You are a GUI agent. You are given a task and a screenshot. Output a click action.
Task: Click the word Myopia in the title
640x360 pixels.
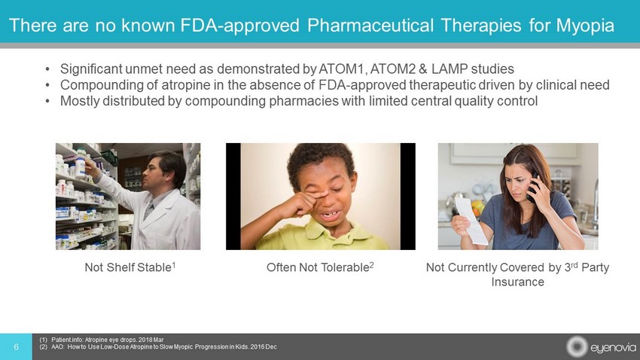[585, 26]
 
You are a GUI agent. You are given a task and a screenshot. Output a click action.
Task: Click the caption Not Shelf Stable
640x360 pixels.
[130, 267]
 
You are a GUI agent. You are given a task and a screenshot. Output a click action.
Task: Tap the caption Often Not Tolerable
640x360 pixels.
[321, 267]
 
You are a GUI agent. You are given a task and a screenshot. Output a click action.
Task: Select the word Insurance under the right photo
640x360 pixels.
[517, 282]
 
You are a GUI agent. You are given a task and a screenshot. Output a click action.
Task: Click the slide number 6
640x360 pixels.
[16, 347]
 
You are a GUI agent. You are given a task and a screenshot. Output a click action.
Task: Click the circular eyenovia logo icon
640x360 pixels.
[577, 347]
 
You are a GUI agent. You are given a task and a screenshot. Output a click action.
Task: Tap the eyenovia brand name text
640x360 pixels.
[613, 348]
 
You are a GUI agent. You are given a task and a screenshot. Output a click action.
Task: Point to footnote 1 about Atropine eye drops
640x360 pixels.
[102, 340]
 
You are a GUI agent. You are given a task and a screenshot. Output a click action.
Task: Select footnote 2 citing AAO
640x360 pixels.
[158, 347]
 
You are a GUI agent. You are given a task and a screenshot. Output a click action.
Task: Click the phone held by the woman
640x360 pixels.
[532, 187]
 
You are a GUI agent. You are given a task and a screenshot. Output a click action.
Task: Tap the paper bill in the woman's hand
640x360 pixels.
[471, 221]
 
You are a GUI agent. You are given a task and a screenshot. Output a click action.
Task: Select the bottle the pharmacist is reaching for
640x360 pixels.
[80, 168]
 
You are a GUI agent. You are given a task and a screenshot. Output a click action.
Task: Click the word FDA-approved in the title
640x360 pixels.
[240, 26]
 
